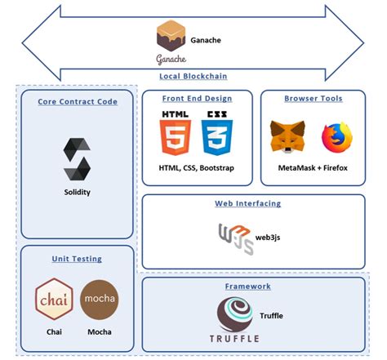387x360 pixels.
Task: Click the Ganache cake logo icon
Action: click(x=171, y=36)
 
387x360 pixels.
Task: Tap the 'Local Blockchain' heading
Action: click(x=193, y=76)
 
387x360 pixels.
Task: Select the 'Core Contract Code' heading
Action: click(x=77, y=102)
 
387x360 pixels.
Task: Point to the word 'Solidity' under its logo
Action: click(x=77, y=192)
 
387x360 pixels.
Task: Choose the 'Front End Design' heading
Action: click(x=198, y=99)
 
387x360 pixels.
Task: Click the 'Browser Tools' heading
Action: click(x=313, y=99)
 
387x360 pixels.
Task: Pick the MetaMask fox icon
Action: click(x=288, y=138)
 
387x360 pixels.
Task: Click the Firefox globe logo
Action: click(x=336, y=138)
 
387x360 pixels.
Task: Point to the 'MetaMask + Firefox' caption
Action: click(x=313, y=168)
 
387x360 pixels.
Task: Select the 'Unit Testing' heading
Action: click(x=77, y=259)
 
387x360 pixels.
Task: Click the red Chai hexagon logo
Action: click(x=54, y=299)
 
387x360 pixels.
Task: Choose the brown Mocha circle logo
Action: click(x=99, y=299)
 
